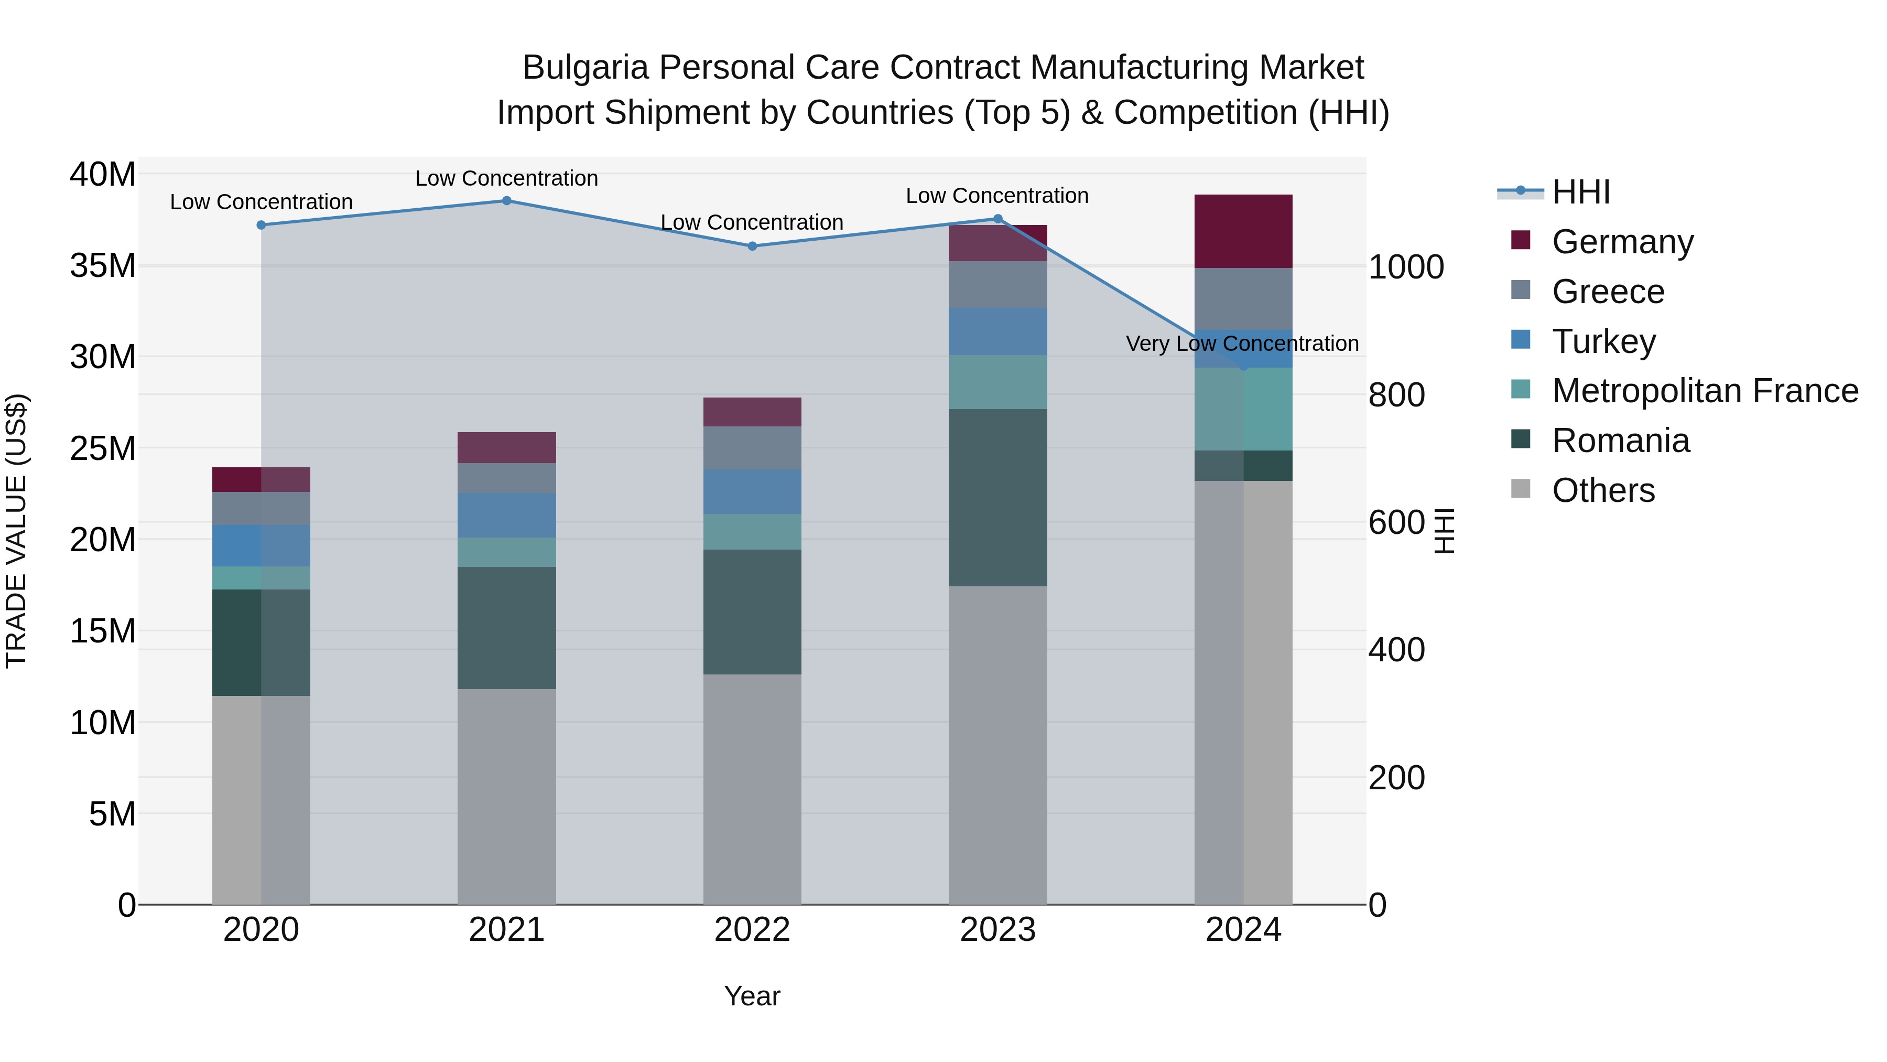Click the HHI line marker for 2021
point(506,201)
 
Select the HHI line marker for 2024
point(1243,366)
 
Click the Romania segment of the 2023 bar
point(997,497)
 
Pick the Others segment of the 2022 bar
point(752,789)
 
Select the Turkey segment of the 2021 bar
point(506,515)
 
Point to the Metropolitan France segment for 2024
point(1243,409)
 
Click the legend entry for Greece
point(1608,292)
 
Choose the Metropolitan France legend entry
point(1705,391)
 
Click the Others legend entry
point(1603,490)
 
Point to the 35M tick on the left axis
point(103,265)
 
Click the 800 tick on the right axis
point(1396,395)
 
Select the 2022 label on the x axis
point(752,930)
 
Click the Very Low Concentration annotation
point(1242,343)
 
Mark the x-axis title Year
point(752,996)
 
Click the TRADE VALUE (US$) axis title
point(16,531)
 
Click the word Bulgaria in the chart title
point(586,68)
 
